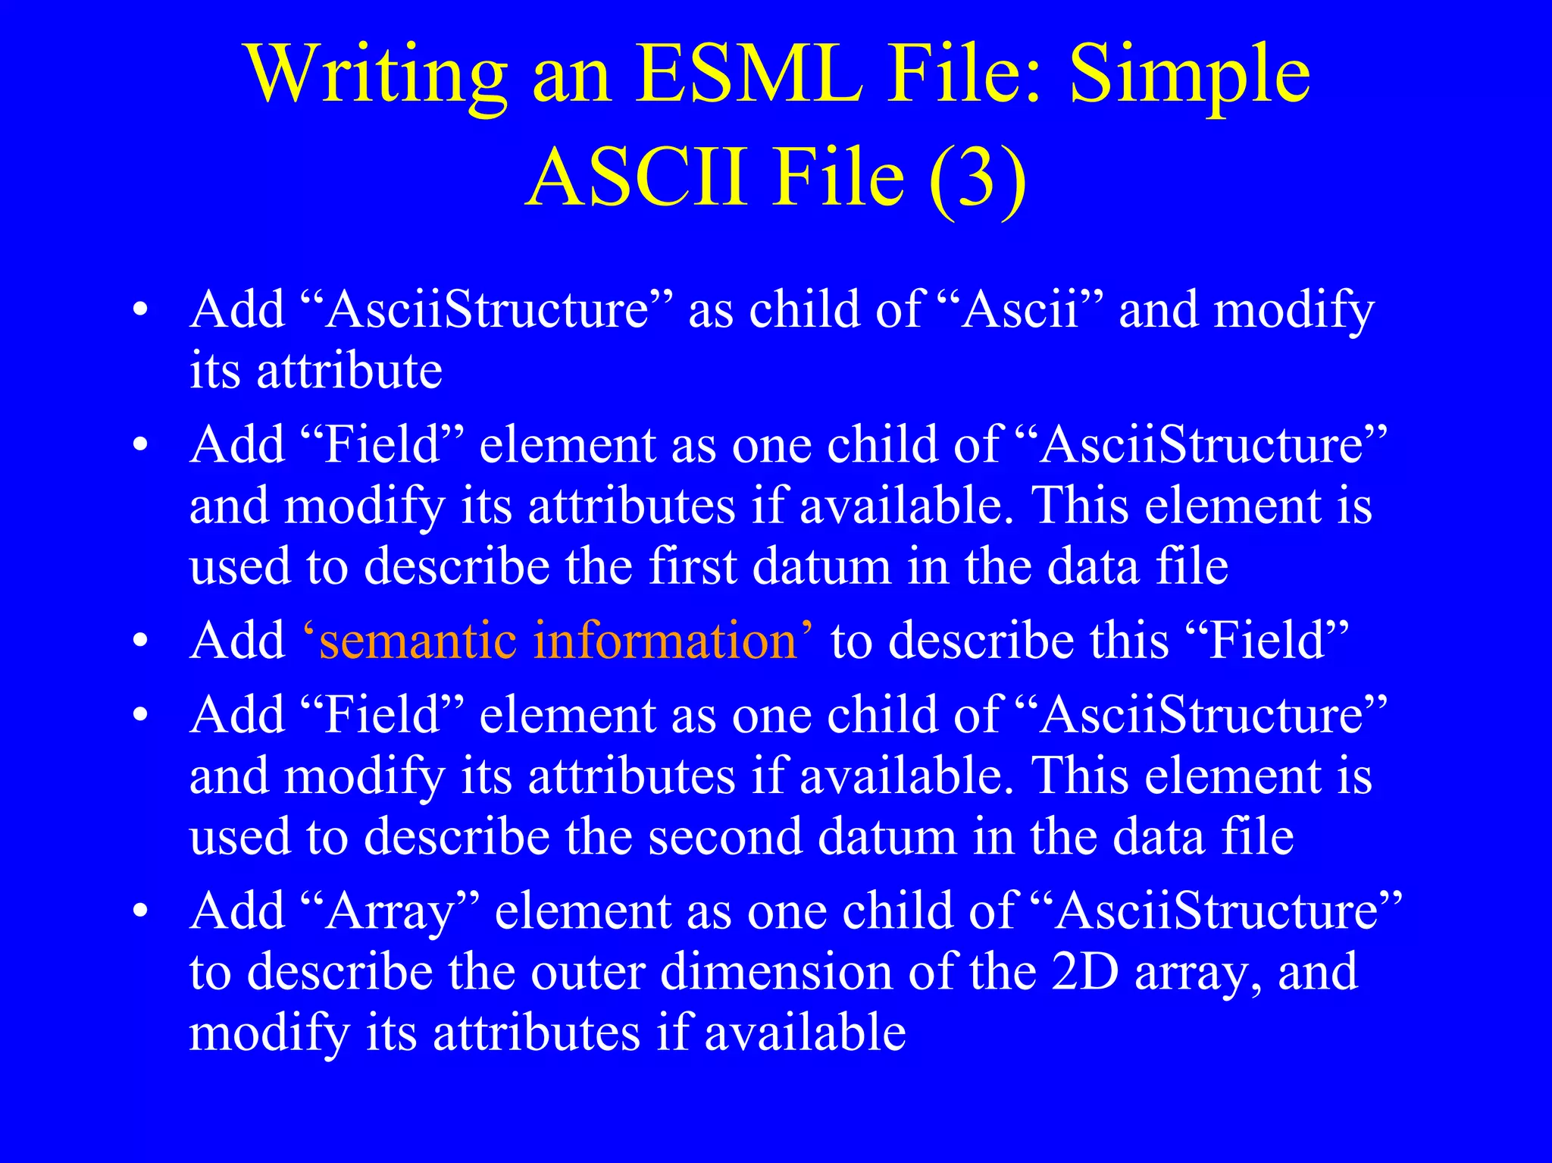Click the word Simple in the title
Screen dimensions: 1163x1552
point(1189,74)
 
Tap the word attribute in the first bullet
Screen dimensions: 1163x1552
point(349,371)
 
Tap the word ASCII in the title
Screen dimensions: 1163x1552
point(637,178)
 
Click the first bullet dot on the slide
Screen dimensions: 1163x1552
point(139,312)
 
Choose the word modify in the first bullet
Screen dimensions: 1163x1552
point(1294,310)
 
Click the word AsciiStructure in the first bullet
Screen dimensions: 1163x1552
point(486,310)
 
